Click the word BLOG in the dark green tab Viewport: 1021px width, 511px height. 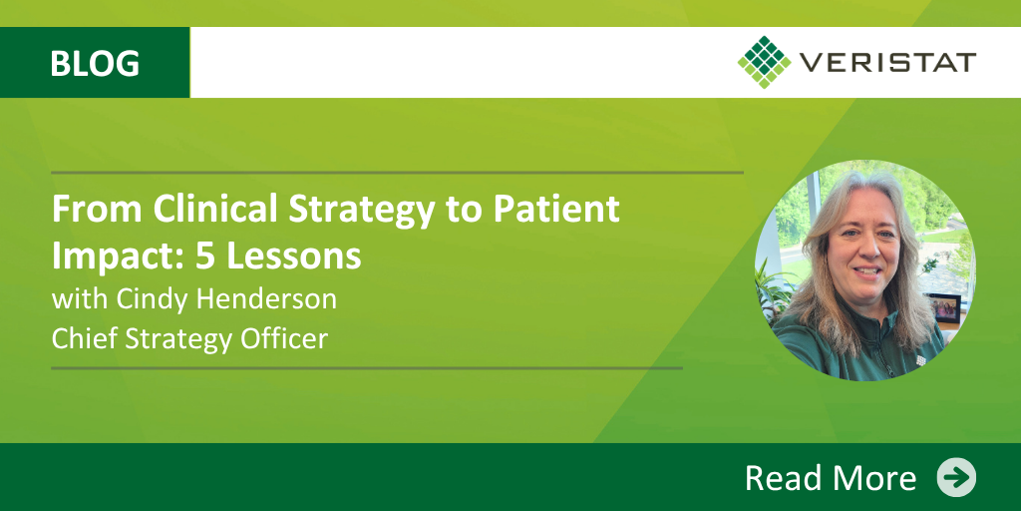coord(95,64)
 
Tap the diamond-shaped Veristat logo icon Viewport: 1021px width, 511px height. coord(765,62)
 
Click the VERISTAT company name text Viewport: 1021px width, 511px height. coord(887,63)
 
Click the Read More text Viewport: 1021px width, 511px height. coord(831,478)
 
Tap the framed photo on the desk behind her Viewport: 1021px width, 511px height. coord(942,308)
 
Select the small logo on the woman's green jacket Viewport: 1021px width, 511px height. coord(920,359)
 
